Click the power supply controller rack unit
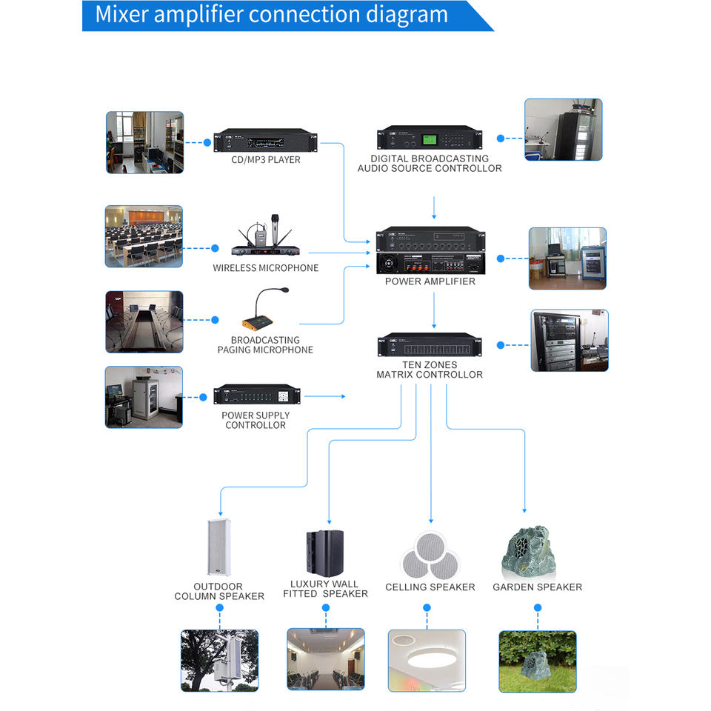[258, 395]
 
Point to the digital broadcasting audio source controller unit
[430, 138]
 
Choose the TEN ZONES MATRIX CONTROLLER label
[430, 370]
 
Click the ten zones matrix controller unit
[430, 345]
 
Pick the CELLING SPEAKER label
[430, 587]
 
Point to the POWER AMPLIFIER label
[430, 281]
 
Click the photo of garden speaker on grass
[537, 661]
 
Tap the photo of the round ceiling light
[427, 661]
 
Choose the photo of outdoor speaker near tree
[219, 661]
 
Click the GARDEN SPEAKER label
[537, 587]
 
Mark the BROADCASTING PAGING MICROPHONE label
[265, 345]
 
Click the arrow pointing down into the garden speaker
[524, 510]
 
